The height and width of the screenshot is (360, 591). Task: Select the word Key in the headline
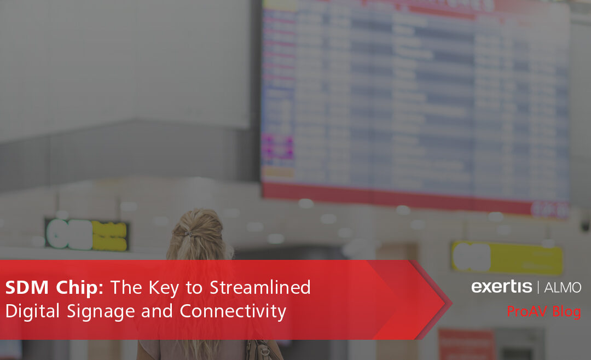point(167,288)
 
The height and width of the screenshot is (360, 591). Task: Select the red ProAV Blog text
point(543,312)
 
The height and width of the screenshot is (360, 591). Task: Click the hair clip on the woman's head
point(188,233)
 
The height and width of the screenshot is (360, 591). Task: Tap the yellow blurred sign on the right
point(506,257)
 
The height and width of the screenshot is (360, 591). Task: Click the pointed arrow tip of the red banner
point(449,301)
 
